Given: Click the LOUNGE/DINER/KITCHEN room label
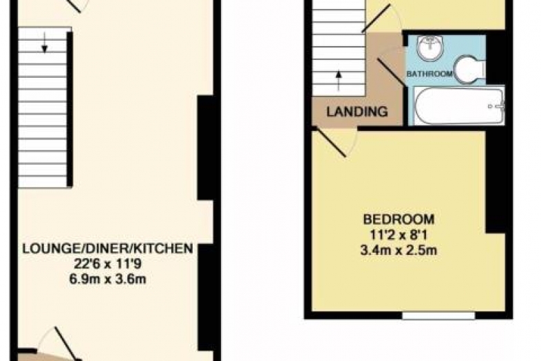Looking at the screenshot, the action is click(107, 249).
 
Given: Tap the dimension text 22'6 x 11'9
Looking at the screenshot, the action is click(107, 265).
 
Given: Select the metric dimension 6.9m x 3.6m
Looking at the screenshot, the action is click(107, 279).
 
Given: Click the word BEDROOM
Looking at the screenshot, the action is click(399, 219).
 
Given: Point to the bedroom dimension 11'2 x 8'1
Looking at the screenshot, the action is click(399, 235).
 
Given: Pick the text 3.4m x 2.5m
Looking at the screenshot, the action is click(399, 250).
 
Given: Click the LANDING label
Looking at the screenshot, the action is click(357, 112).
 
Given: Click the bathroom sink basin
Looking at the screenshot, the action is click(429, 48).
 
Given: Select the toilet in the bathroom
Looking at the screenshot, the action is click(470, 70).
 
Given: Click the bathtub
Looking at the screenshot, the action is click(459, 105).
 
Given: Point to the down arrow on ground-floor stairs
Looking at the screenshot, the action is click(44, 43).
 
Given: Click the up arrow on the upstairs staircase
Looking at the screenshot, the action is click(339, 81).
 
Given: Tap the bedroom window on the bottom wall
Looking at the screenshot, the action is click(438, 316).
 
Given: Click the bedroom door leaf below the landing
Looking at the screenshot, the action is click(331, 143).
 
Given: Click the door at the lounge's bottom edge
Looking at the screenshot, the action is click(67, 344).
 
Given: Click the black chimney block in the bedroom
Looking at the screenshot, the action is click(496, 181).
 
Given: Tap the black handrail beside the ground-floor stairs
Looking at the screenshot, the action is click(70, 109).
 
